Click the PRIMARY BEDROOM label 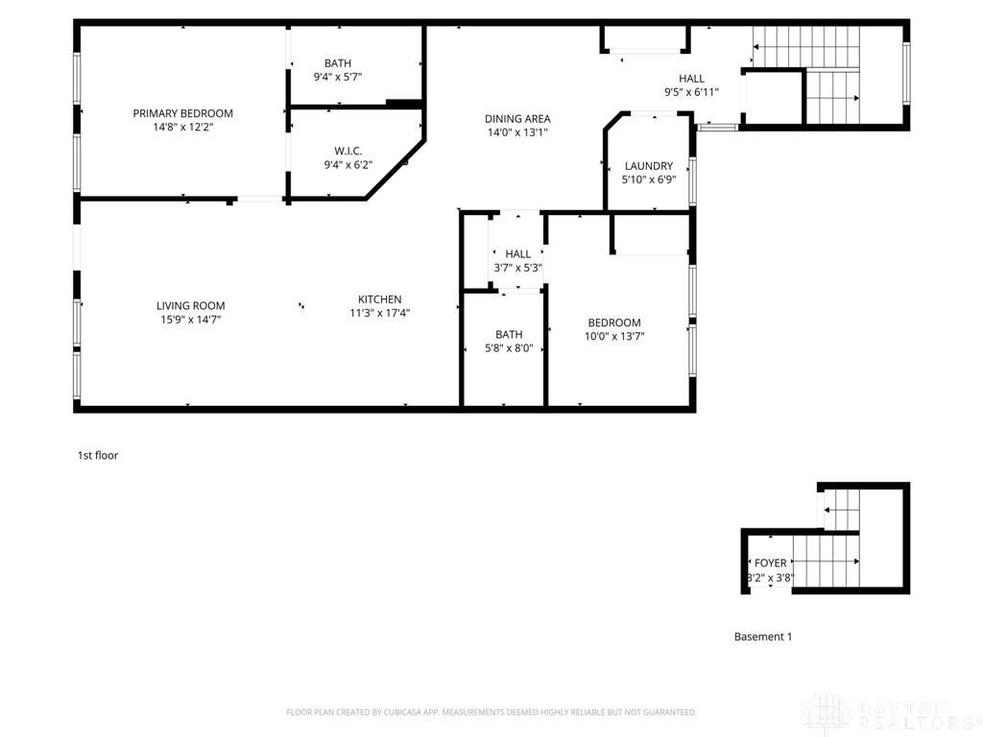pyautogui.click(x=182, y=113)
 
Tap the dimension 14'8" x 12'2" pyautogui.click(x=182, y=127)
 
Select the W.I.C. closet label pyautogui.click(x=348, y=151)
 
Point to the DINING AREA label pyautogui.click(x=516, y=119)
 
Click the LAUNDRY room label pyautogui.click(x=648, y=166)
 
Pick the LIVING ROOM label pyautogui.click(x=190, y=306)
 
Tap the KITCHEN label pyautogui.click(x=380, y=299)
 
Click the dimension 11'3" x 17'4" pyautogui.click(x=380, y=313)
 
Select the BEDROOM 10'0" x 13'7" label pyautogui.click(x=614, y=323)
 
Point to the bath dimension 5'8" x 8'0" pyautogui.click(x=509, y=348)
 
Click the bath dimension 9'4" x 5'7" pyautogui.click(x=337, y=77)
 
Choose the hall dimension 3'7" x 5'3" pyautogui.click(x=517, y=268)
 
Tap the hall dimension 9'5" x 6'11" pyautogui.click(x=691, y=92)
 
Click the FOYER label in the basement pyautogui.click(x=770, y=563)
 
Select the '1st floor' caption pyautogui.click(x=98, y=456)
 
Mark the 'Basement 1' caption pyautogui.click(x=763, y=636)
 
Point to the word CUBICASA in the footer pyautogui.click(x=403, y=712)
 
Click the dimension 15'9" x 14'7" pyautogui.click(x=190, y=320)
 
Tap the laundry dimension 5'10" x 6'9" pyautogui.click(x=648, y=179)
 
